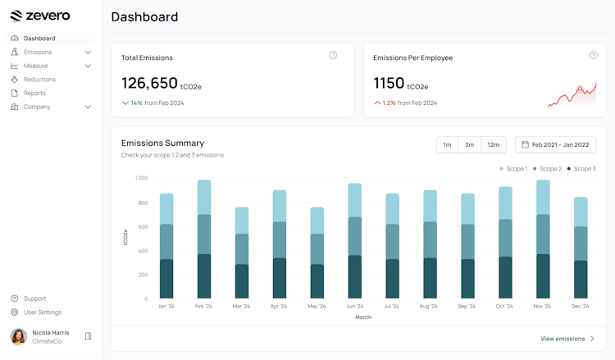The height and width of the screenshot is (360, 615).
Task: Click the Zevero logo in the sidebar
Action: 40,16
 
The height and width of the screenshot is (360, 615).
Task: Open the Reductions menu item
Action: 39,80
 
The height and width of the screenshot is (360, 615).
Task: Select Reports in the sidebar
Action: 34,93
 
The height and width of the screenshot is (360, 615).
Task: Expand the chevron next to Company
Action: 88,107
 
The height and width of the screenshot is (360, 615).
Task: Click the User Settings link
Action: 42,312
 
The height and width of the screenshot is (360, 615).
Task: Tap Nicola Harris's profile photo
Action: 19,336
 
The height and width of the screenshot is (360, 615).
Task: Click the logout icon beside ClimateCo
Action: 88,336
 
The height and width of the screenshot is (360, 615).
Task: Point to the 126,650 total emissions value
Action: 149,83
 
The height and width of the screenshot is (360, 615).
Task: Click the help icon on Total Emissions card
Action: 333,56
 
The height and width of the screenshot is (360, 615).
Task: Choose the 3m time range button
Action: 469,145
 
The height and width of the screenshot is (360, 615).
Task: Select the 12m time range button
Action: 493,145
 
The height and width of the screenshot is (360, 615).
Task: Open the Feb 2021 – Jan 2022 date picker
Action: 555,145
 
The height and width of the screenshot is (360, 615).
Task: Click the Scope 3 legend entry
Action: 581,169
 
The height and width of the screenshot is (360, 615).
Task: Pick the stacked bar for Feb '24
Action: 204,239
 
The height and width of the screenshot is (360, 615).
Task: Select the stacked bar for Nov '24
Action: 542,239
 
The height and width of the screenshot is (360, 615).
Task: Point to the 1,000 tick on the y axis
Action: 141,178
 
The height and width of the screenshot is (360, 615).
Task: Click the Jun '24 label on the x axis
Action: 354,307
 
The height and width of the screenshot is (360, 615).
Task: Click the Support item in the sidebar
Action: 34,298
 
